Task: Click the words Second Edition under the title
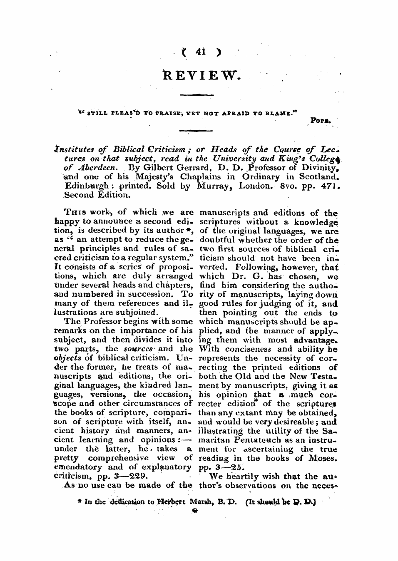97,194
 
